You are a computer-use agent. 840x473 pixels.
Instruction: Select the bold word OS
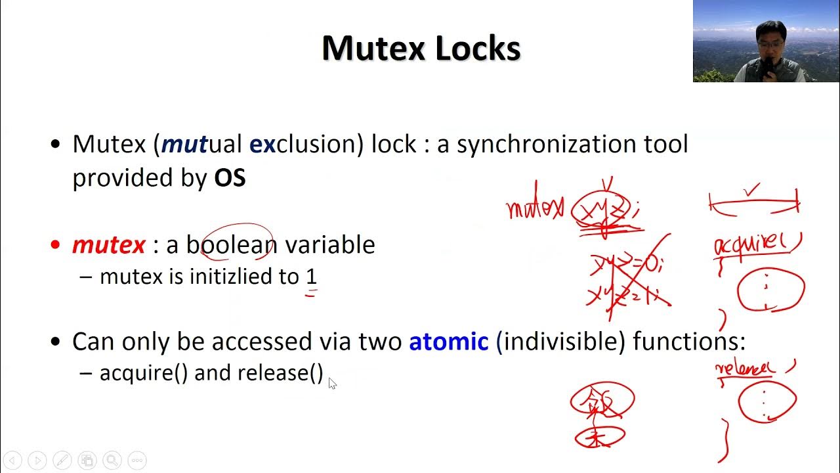point(230,177)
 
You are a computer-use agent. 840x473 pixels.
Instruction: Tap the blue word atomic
point(449,341)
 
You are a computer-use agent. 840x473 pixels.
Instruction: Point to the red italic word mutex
point(108,244)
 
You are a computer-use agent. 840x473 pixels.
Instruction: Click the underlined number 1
point(311,277)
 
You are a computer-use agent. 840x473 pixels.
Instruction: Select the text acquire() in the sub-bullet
point(144,372)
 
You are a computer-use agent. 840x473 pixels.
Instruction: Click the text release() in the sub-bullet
point(280,372)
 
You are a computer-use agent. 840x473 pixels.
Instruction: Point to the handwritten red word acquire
point(755,244)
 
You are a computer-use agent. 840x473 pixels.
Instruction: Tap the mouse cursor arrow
point(332,383)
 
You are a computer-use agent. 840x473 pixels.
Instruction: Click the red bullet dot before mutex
point(55,245)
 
